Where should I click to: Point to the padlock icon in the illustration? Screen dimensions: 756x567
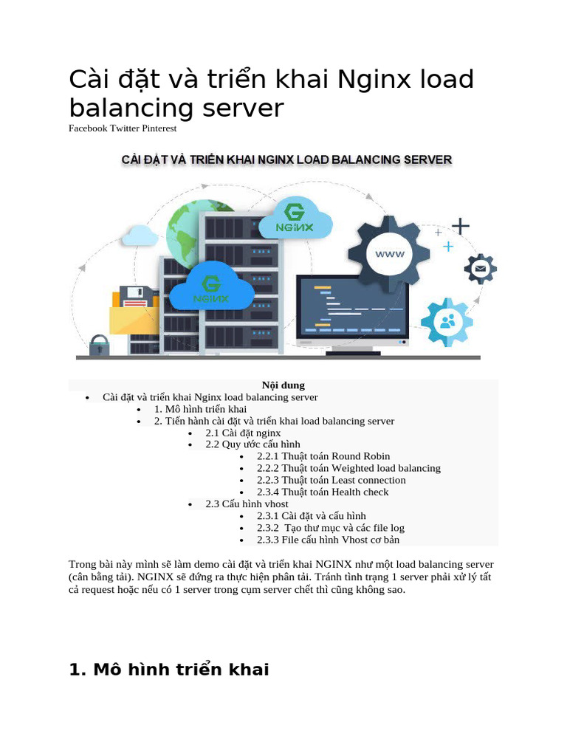pos(99,345)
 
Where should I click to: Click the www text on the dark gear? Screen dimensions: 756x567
pos(390,254)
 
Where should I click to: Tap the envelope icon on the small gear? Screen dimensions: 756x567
pos(481,268)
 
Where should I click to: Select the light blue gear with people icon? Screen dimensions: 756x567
pos(447,322)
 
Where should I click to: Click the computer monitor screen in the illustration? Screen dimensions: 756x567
pos(352,306)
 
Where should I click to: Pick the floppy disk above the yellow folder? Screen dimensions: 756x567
pos(136,296)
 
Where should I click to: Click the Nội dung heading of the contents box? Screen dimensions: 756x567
pos(283,385)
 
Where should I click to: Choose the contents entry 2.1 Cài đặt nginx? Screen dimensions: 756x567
pos(243,433)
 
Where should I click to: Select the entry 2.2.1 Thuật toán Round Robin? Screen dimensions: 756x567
pos(323,456)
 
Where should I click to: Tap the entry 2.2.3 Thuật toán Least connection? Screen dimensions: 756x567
pos(331,480)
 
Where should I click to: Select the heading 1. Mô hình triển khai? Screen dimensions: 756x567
pos(169,670)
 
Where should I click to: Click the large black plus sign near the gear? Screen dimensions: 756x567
pos(461,224)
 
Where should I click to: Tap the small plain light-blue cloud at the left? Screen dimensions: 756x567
pos(140,235)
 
